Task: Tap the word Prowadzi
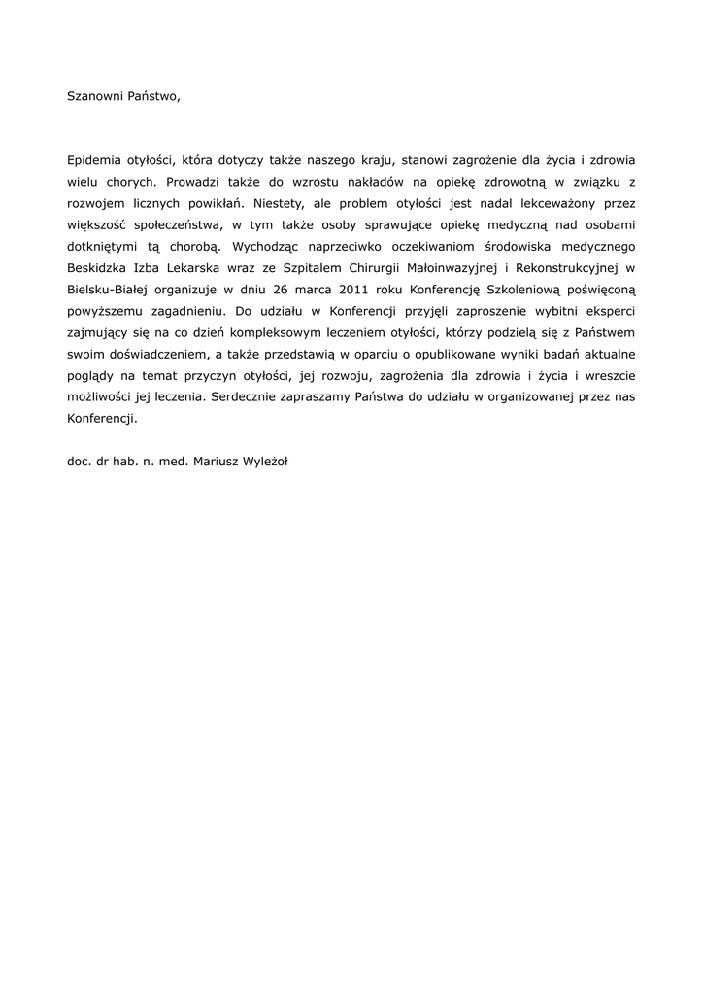click(193, 181)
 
